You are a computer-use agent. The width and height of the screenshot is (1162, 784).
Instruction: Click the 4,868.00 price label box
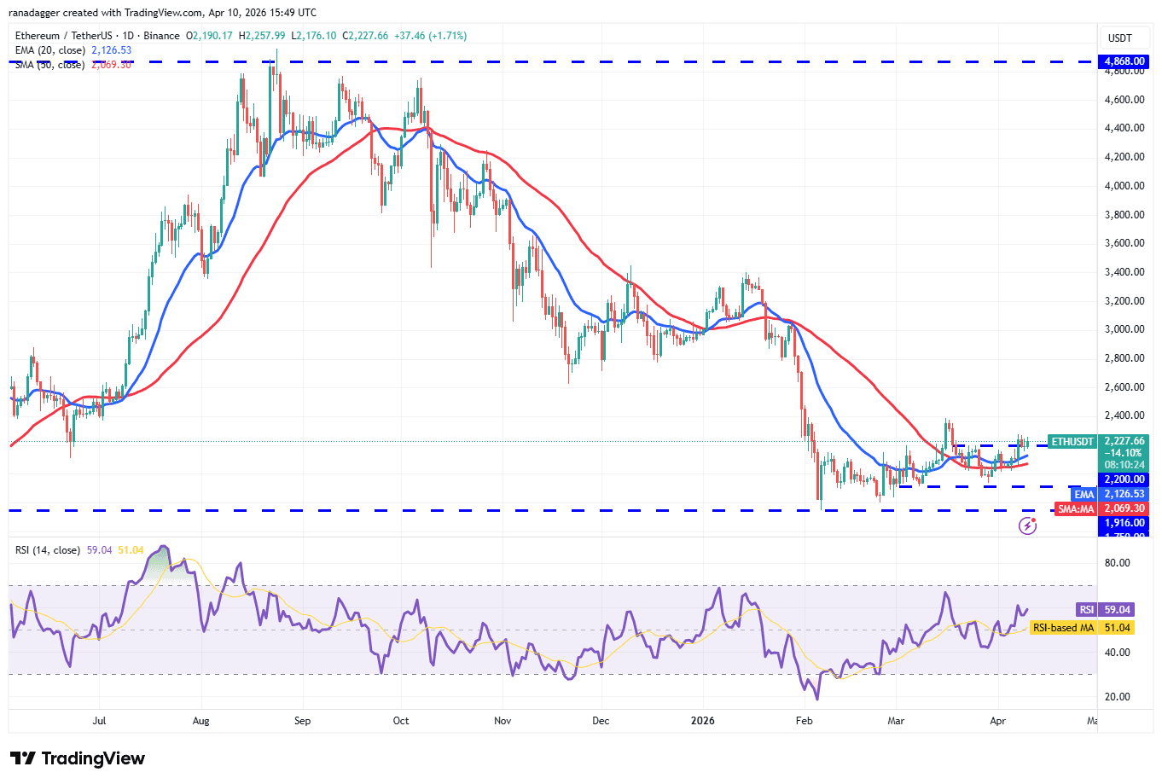click(x=1124, y=61)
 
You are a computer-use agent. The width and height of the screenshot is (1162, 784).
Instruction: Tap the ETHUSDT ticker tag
click(x=1072, y=442)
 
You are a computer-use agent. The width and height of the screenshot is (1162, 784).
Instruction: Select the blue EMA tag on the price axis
click(x=1084, y=494)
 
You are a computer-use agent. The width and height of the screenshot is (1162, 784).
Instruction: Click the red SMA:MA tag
click(x=1075, y=508)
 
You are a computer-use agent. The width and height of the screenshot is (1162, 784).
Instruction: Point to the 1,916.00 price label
click(x=1124, y=523)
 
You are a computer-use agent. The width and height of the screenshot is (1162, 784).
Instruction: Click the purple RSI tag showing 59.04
click(x=1086, y=610)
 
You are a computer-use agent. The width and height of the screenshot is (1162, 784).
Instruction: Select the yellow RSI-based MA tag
click(x=1062, y=628)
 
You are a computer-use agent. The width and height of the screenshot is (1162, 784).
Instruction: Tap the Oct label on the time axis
click(x=401, y=721)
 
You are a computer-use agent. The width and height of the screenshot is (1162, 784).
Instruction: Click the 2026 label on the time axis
click(x=702, y=721)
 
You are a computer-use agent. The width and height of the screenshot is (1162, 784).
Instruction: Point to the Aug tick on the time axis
click(x=200, y=721)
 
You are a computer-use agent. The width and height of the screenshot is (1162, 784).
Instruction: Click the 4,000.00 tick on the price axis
click(x=1124, y=186)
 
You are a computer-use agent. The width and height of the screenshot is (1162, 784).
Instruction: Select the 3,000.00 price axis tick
click(x=1124, y=329)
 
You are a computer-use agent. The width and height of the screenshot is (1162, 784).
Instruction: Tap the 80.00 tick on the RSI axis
click(x=1117, y=563)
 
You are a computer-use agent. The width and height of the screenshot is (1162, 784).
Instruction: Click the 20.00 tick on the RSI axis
click(x=1117, y=697)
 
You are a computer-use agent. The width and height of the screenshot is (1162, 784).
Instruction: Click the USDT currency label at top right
click(x=1119, y=38)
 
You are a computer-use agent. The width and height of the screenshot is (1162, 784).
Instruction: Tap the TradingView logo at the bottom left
click(x=78, y=758)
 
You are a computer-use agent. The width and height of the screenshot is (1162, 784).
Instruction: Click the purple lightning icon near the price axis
click(x=1028, y=526)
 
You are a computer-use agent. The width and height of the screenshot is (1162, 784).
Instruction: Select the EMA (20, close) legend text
click(x=50, y=50)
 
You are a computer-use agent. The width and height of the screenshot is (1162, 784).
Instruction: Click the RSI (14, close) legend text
click(x=48, y=550)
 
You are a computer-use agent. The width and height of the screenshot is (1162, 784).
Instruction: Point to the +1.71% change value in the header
click(x=448, y=36)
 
